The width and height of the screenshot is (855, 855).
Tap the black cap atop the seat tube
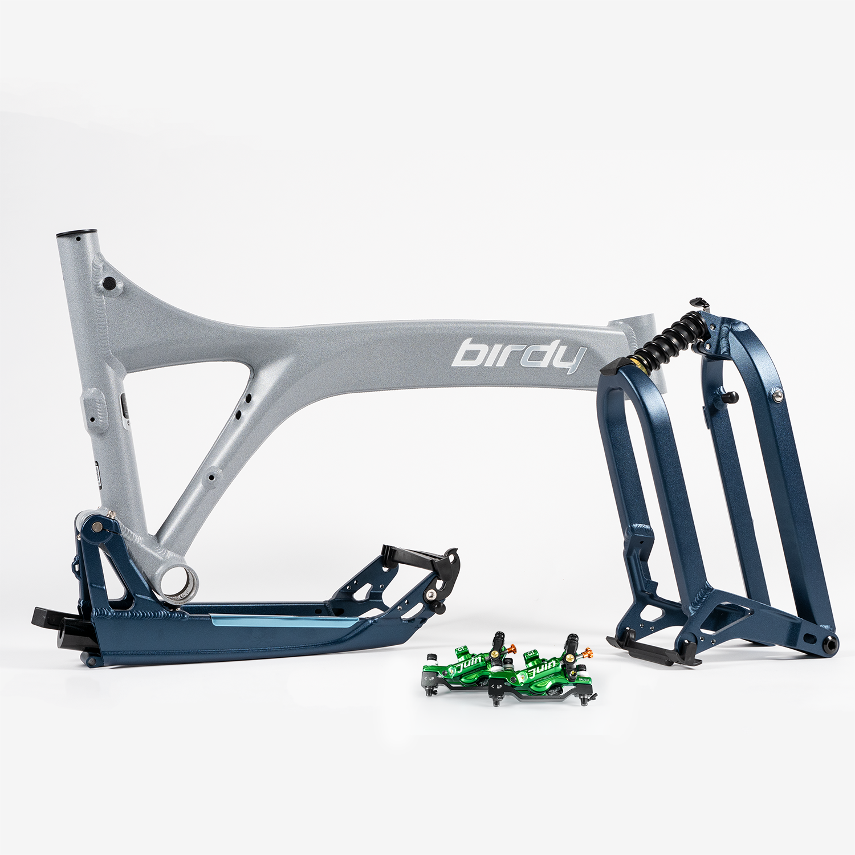76,233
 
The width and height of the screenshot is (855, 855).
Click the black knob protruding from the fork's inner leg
729,397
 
